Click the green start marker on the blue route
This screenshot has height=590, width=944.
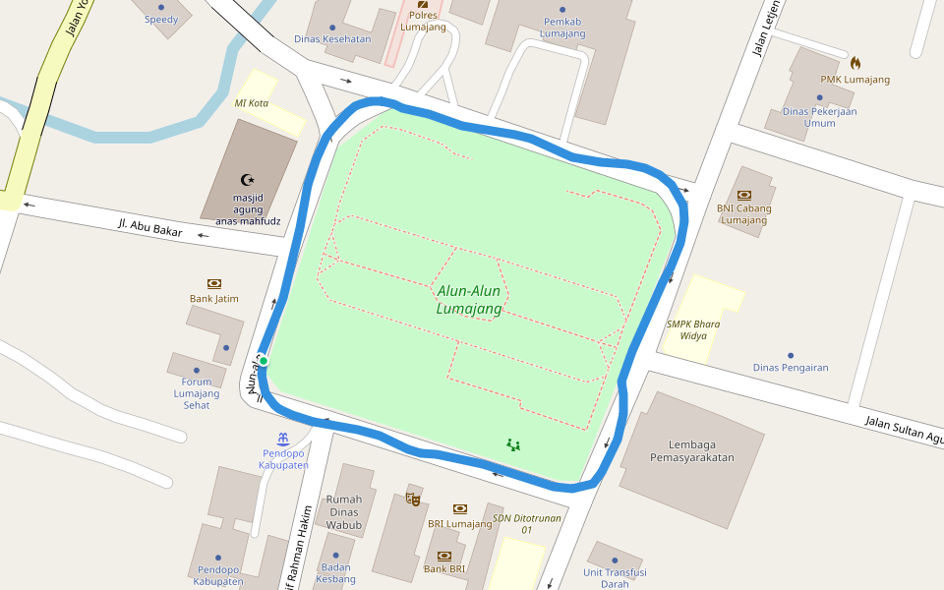(264, 361)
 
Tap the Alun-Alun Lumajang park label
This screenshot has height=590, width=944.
(469, 300)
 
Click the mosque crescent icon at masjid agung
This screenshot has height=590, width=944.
(248, 180)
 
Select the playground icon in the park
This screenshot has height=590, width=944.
(512, 444)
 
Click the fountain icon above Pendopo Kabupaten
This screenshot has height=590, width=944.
(283, 438)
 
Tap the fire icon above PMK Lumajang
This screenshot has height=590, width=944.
(855, 63)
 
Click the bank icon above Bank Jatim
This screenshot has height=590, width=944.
(214, 283)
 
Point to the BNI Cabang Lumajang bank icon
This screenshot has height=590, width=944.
(743, 195)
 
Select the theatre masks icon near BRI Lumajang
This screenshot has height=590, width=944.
(413, 499)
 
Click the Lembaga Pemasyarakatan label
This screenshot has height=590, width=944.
(692, 450)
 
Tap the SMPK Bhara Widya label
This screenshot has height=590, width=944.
(692, 329)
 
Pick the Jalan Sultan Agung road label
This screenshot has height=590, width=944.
(903, 429)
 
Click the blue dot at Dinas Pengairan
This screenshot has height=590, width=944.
(790, 355)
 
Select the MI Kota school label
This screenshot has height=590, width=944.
(251, 103)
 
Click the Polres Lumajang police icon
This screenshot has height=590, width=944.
(423, 4)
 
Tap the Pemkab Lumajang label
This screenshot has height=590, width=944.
(563, 28)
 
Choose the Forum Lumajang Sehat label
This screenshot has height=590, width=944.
(197, 393)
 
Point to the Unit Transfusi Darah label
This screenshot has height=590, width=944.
(614, 578)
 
